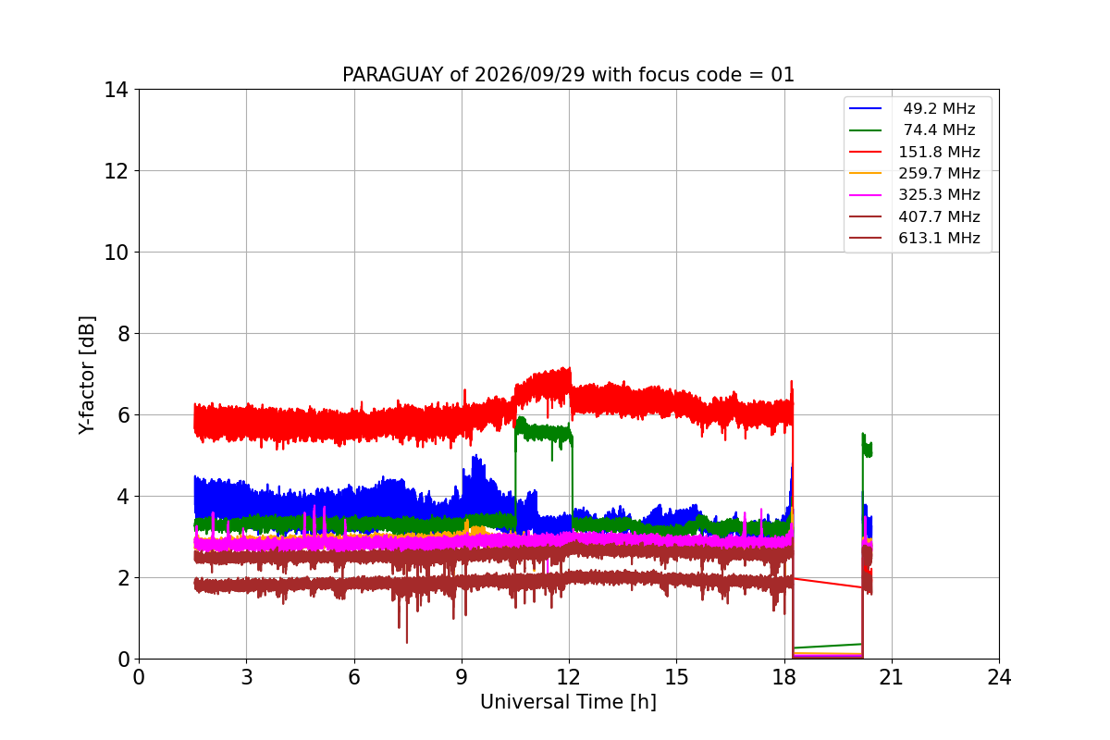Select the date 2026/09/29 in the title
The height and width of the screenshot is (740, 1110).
530,75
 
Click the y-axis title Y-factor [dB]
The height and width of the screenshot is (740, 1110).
86,376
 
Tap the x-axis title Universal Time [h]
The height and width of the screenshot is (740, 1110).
568,702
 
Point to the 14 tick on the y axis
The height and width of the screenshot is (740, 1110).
116,91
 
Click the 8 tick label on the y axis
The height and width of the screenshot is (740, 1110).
123,334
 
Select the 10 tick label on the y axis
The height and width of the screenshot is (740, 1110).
116,253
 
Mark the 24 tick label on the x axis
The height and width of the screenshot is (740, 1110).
999,677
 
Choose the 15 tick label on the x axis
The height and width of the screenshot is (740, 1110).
676,677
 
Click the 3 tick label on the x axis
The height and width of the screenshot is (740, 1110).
247,677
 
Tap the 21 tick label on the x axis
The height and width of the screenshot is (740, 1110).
892,677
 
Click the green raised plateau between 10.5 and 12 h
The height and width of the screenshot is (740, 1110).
544,432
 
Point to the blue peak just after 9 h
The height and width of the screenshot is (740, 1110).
475,455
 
